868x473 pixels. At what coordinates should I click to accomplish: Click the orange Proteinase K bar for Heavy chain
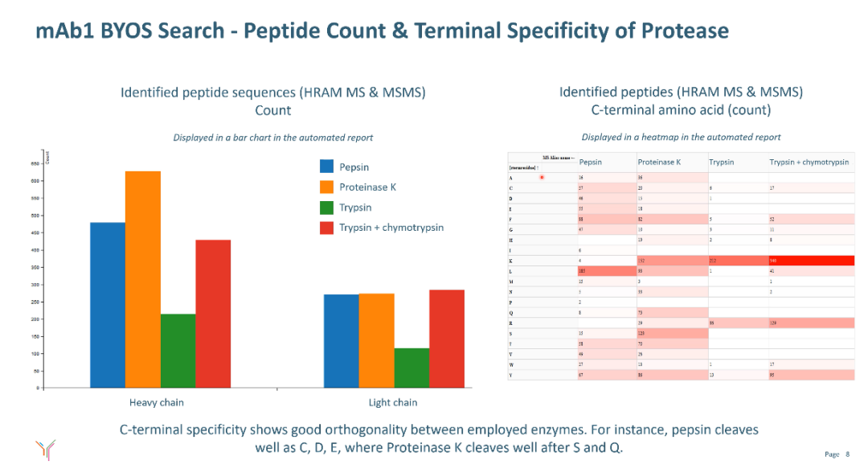(x=142, y=279)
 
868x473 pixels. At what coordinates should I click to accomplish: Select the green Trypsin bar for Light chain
(x=411, y=368)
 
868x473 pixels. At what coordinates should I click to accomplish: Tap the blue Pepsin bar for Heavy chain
(x=107, y=305)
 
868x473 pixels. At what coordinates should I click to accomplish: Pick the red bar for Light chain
(x=447, y=339)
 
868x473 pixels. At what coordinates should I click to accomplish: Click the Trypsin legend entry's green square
(x=326, y=208)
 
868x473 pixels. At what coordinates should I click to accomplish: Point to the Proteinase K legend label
(x=367, y=187)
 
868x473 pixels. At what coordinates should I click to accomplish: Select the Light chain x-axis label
(x=393, y=402)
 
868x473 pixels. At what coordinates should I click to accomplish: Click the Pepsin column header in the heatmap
(x=591, y=162)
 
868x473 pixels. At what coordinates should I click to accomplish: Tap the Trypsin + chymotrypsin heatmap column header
(x=809, y=162)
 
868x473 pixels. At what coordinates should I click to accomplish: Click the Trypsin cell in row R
(x=737, y=323)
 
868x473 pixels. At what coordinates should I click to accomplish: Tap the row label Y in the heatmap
(x=511, y=374)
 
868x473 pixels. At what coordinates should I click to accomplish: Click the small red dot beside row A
(x=542, y=177)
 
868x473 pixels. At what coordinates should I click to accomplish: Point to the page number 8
(x=848, y=455)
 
